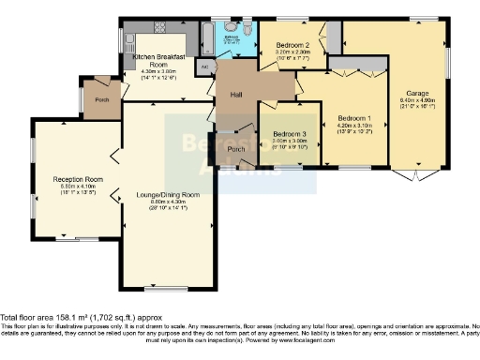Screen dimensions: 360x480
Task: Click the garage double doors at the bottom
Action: [413, 175]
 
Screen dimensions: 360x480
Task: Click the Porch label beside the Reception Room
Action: [100, 99]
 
